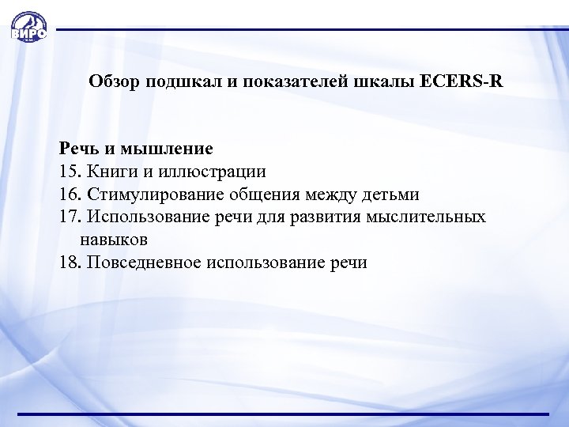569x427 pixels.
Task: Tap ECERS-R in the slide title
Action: [462, 81]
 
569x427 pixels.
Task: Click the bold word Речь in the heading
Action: [78, 148]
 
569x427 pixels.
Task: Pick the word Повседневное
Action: [142, 262]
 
